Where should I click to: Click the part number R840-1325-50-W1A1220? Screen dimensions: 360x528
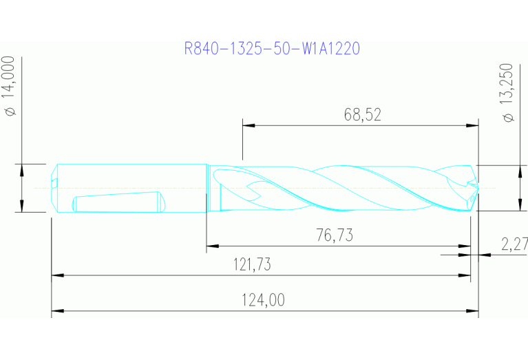click(x=272, y=49)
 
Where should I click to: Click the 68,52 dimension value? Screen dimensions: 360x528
click(x=362, y=115)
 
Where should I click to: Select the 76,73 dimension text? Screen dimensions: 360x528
click(x=334, y=235)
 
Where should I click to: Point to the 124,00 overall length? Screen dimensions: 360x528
click(x=264, y=300)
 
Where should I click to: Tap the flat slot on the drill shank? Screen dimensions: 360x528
click(x=117, y=203)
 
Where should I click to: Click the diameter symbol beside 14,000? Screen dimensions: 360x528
click(x=11, y=112)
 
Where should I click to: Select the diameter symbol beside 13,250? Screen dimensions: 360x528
click(x=509, y=118)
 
